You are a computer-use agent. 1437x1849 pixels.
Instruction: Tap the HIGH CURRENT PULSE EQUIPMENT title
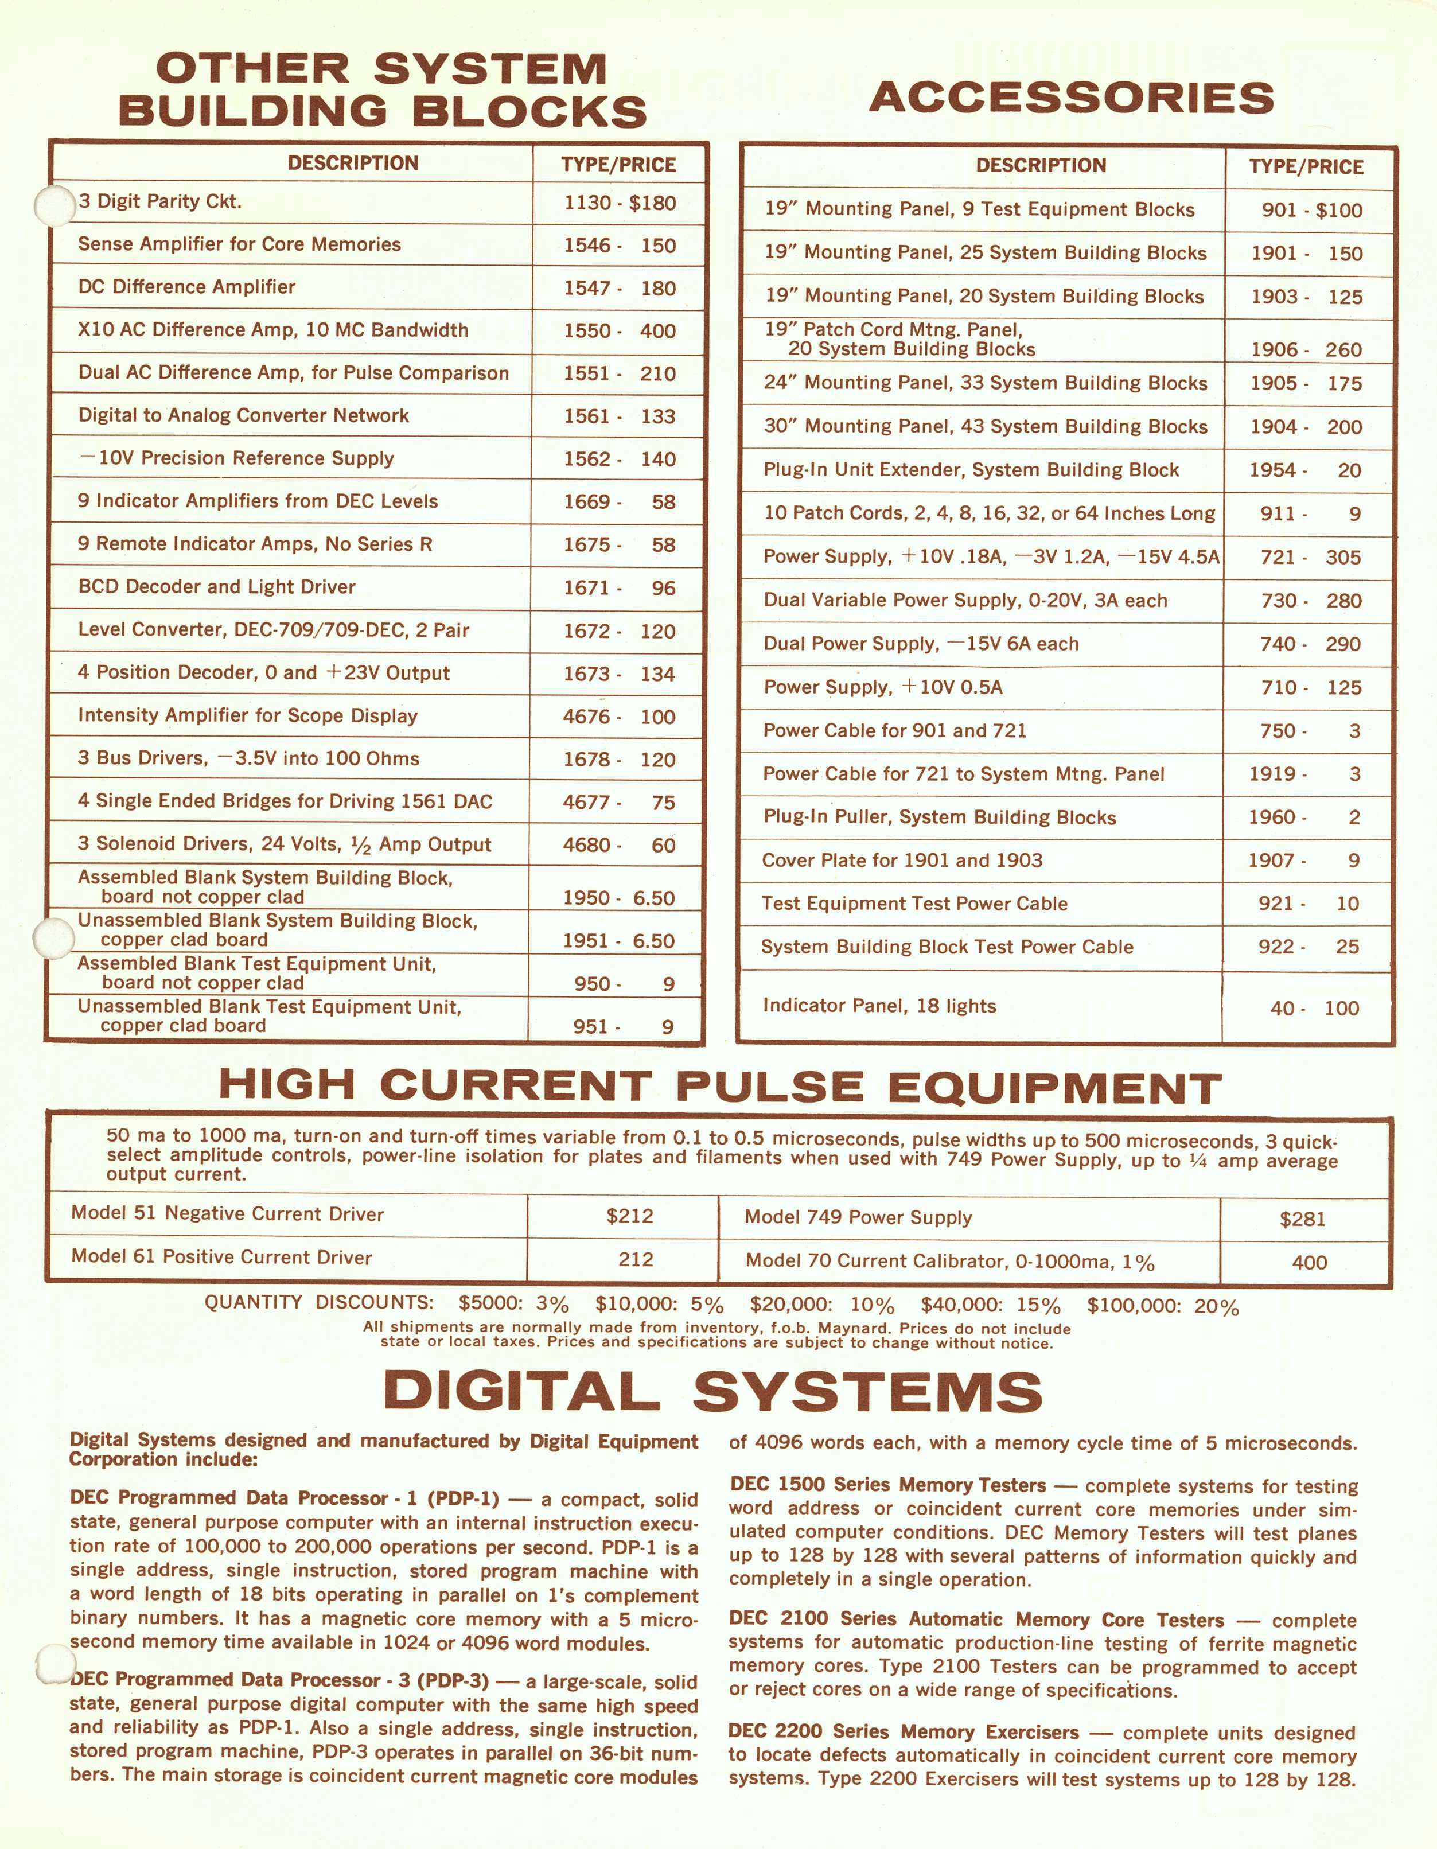(x=720, y=1086)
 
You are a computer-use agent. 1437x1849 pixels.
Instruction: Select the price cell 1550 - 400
(x=619, y=330)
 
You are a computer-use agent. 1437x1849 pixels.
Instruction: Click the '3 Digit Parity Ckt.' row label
(x=160, y=201)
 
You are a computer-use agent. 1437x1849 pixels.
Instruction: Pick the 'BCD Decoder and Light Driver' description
(x=217, y=587)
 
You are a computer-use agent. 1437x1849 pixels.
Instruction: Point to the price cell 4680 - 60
(x=619, y=845)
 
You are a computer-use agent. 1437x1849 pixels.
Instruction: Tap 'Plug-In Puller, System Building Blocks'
(x=939, y=817)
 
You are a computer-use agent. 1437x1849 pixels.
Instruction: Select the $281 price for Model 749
(x=1302, y=1219)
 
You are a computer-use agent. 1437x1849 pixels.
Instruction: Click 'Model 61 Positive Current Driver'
(x=222, y=1257)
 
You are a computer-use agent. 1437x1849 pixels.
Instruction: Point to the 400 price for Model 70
(x=1309, y=1262)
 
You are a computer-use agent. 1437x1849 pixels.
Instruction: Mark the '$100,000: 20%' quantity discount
(x=1163, y=1306)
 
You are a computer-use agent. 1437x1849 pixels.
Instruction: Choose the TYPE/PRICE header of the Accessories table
(x=1306, y=167)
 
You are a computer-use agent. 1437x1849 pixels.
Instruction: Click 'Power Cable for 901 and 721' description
(x=894, y=731)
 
